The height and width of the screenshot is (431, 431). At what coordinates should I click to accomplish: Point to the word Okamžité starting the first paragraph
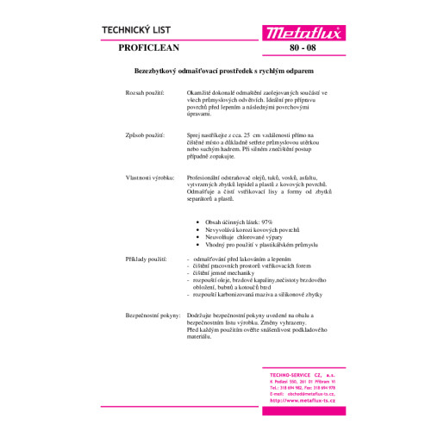pyautogui.click(x=200, y=91)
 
